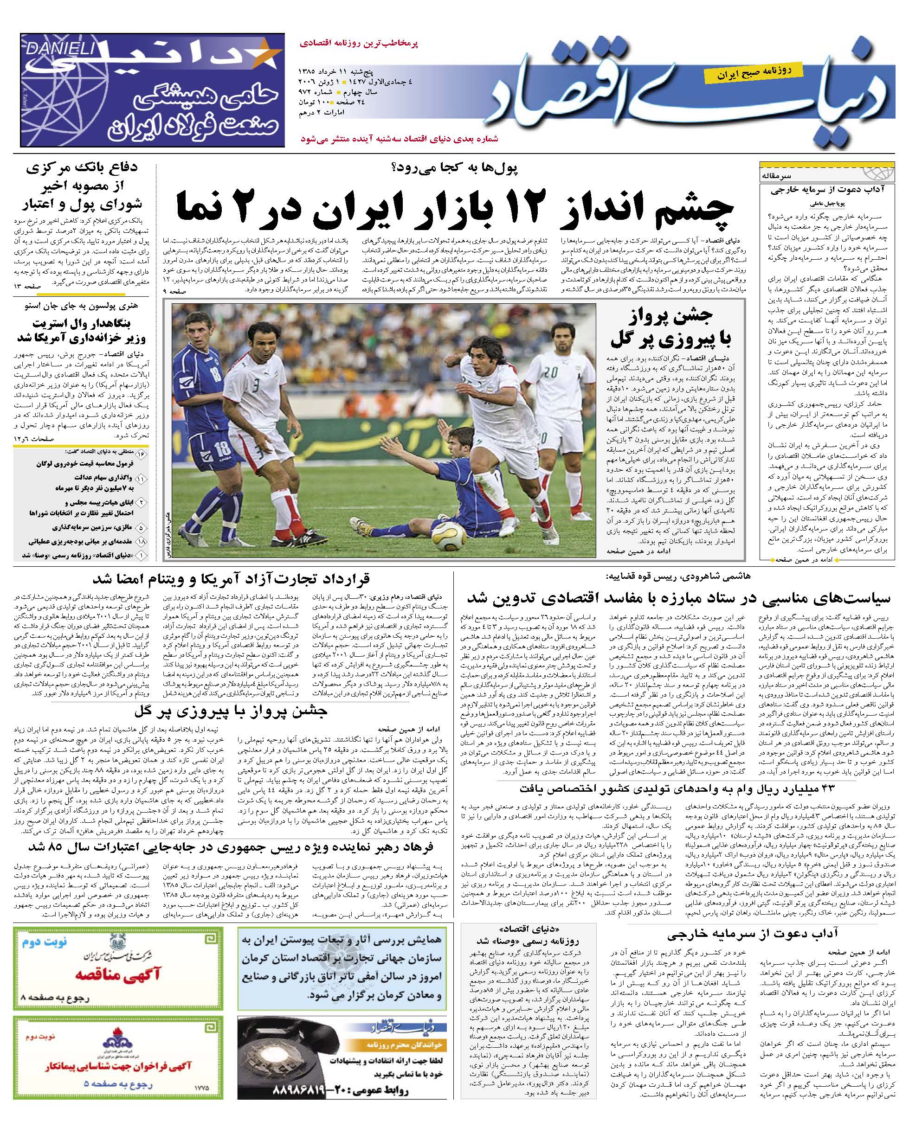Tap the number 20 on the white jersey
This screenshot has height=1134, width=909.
551,372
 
